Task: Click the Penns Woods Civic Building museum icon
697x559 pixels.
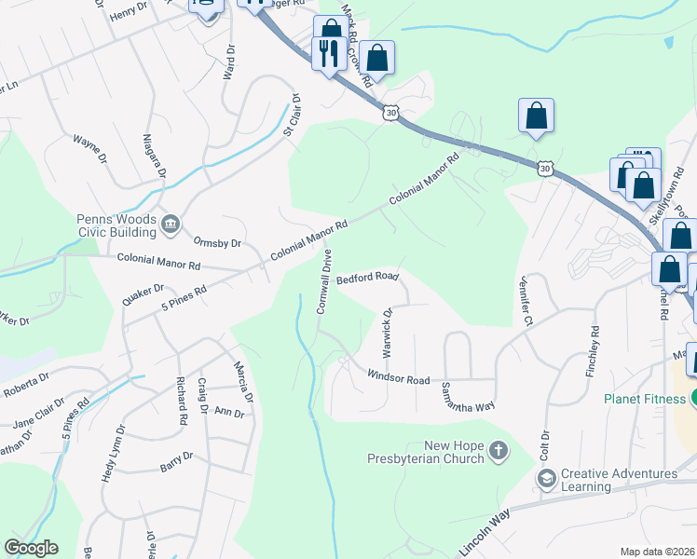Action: click(x=171, y=224)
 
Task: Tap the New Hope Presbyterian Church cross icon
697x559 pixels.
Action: click(x=499, y=452)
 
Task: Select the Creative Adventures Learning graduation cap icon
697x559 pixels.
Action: click(x=546, y=480)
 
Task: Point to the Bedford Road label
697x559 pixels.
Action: click(x=367, y=278)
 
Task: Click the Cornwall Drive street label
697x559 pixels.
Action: click(x=324, y=280)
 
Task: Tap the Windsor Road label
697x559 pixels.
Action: click(x=398, y=379)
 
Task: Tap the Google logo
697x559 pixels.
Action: click(x=31, y=548)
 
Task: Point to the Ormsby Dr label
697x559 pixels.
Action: click(x=217, y=243)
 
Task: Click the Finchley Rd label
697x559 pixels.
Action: click(x=592, y=349)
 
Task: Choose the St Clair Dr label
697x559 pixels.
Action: click(x=291, y=116)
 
